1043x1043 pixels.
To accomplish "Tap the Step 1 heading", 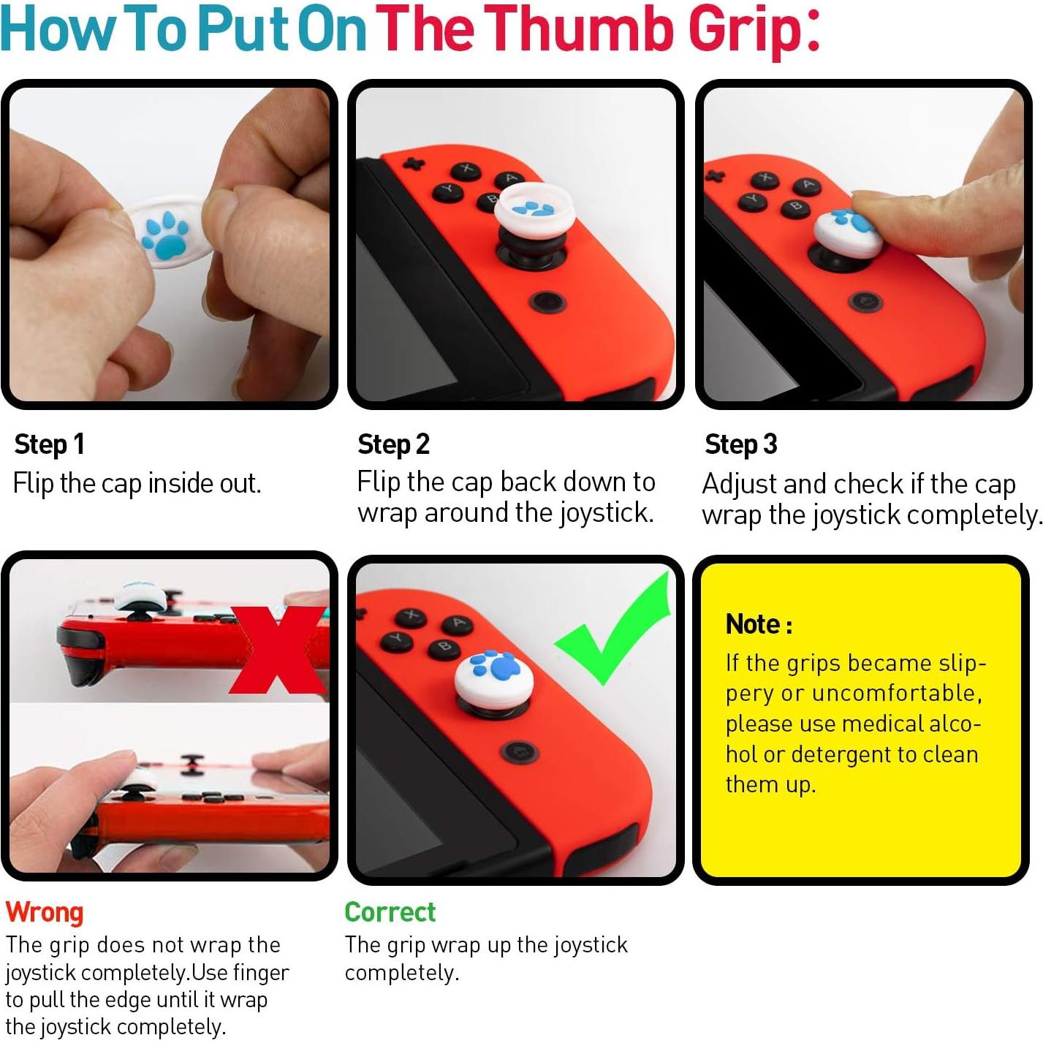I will [50, 444].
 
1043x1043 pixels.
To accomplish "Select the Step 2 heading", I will [393, 444].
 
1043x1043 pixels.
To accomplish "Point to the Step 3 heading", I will [740, 444].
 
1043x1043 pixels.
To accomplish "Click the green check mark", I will [618, 632].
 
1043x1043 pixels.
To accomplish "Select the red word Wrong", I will [45, 911].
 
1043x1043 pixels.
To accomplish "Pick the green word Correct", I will [390, 911].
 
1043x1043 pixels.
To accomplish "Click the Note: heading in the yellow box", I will [759, 624].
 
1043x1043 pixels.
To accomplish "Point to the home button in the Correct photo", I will [520, 751].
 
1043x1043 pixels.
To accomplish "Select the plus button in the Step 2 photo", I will [414, 162].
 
